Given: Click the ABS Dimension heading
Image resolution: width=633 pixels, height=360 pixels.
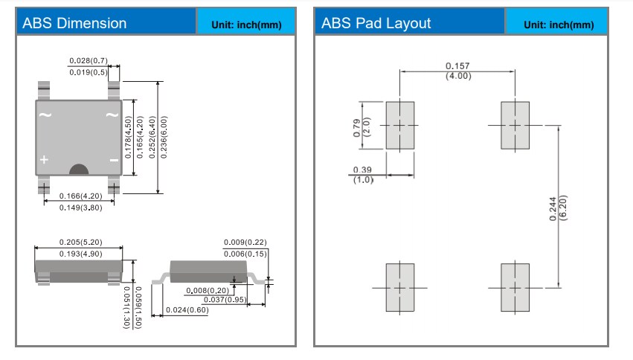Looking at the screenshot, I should [x=74, y=23].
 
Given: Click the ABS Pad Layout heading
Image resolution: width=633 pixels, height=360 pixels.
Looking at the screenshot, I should [x=376, y=23].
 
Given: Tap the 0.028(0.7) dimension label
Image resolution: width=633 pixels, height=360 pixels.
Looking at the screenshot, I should [x=89, y=60].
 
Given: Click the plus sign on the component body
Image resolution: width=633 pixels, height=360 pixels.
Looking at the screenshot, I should [x=45, y=160].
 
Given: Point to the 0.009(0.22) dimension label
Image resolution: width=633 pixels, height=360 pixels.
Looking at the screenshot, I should [x=245, y=242].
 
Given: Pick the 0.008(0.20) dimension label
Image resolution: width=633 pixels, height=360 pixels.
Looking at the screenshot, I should [x=208, y=290].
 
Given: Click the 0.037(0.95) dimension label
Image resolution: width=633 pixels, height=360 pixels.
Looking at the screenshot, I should [x=225, y=299].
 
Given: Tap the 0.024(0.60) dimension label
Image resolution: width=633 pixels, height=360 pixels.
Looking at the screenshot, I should [x=186, y=309].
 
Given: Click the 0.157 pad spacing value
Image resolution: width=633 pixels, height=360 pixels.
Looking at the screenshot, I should [x=457, y=66].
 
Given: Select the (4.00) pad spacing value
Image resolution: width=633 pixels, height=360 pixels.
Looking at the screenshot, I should [x=457, y=77].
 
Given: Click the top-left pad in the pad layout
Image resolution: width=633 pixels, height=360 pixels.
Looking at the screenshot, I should [x=400, y=126].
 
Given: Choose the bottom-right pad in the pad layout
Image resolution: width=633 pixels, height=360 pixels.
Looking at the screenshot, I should [x=514, y=287].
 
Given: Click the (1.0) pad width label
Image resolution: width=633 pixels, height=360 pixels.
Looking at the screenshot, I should [x=363, y=180].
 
